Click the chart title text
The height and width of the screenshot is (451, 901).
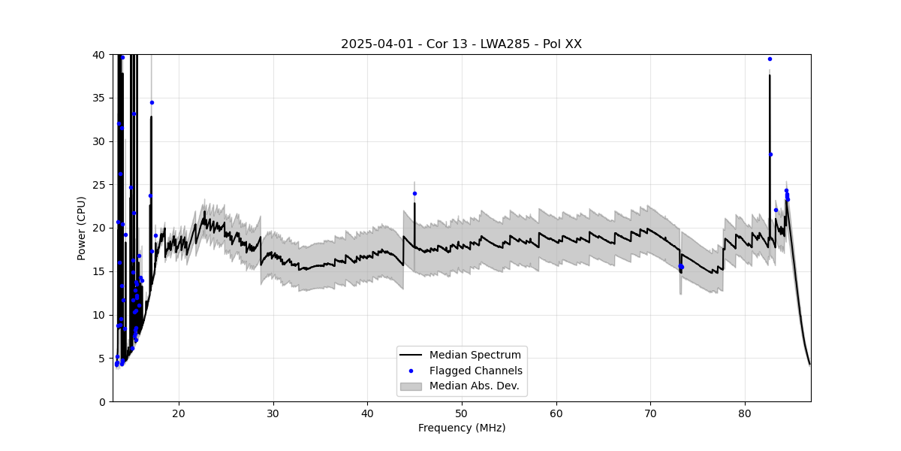[x=461, y=44]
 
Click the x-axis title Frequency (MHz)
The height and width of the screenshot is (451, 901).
[x=461, y=428]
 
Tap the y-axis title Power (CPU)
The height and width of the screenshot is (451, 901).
[x=81, y=228]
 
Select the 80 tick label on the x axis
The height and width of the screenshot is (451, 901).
[x=745, y=413]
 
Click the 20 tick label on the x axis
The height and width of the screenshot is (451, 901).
[x=179, y=413]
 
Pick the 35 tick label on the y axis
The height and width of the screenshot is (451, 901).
[x=98, y=98]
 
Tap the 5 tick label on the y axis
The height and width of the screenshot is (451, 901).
[x=101, y=359]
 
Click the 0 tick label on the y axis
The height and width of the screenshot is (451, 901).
[x=101, y=401]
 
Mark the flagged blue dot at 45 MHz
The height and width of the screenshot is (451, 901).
[x=414, y=193]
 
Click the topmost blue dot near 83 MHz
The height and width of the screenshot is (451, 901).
[x=770, y=59]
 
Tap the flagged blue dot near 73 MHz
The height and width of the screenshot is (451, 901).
[x=681, y=267]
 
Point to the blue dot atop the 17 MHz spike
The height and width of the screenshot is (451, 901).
[x=152, y=102]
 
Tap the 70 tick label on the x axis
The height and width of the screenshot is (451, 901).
[x=650, y=413]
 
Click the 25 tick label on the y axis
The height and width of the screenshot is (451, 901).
[x=98, y=185]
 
